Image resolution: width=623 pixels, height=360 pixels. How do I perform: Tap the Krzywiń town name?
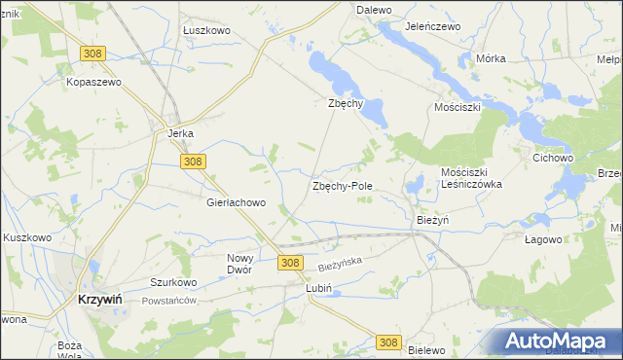coord(98,301)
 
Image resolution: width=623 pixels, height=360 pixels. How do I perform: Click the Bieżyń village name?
coord(432,220)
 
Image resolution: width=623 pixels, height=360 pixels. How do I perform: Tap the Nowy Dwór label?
coord(239,264)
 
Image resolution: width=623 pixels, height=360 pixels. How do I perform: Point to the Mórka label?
coord(491,58)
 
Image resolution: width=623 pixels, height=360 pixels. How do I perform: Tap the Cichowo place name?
coord(552,157)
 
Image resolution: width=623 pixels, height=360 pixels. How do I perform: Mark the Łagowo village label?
coord(543,239)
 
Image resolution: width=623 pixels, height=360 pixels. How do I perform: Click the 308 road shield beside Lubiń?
coord(289,263)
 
